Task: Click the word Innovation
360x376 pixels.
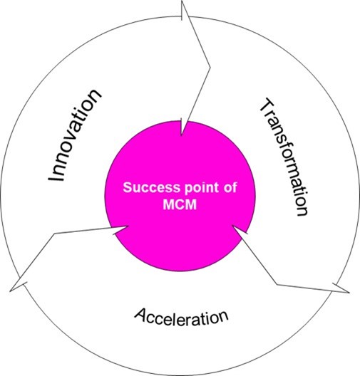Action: pos(75,135)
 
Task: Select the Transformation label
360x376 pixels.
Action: pos(284,158)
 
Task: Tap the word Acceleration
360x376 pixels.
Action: pos(181,317)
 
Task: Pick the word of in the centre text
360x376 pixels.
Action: pos(230,187)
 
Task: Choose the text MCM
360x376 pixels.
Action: pos(180,204)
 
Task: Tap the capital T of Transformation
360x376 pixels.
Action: pos(267,105)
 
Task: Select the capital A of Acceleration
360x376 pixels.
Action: pos(141,314)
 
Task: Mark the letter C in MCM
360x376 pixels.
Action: pos(180,204)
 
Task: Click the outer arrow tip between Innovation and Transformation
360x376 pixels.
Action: pos(182,1)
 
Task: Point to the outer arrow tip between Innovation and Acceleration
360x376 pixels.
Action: pos(10,291)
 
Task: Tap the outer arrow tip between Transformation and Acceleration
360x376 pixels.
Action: pos(349,293)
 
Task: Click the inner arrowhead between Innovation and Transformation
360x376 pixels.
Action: pos(182,135)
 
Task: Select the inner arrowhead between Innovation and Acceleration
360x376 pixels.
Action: pos(128,226)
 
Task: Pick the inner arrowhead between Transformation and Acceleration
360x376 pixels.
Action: pos(232,226)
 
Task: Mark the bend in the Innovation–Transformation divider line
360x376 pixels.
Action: pos(210,68)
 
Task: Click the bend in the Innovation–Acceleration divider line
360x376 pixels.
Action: pos(55,234)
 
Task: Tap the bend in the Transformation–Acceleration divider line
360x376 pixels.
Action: pos(277,285)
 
